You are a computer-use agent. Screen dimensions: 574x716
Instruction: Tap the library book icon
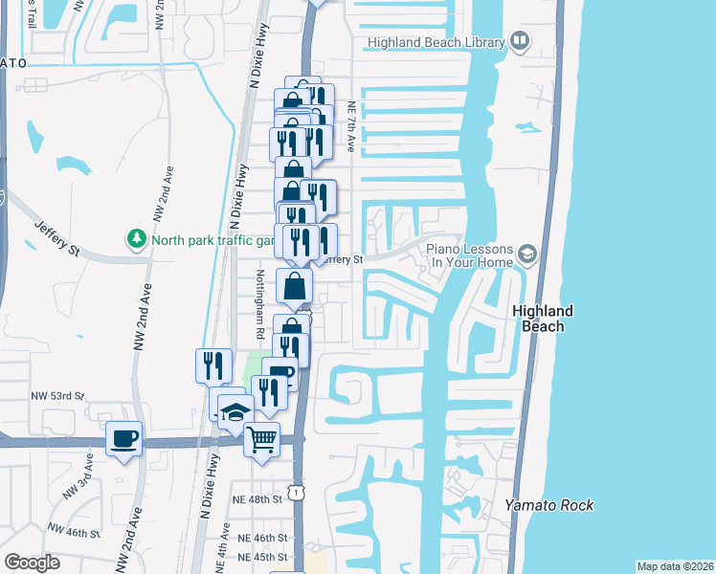tap(520, 40)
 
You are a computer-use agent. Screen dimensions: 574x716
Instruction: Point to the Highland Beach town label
tap(543, 319)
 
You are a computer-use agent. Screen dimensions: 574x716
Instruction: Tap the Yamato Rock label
tap(549, 505)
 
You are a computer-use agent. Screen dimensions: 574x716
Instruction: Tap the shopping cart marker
tap(261, 439)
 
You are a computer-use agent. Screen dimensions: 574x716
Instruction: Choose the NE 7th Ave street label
tap(352, 128)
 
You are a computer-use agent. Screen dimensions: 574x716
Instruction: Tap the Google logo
tap(32, 563)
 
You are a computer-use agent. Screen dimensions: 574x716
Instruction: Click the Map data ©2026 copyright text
tap(675, 566)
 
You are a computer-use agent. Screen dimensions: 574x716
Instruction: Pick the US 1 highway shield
tap(300, 492)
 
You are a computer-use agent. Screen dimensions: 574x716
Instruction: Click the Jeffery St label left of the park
tap(58, 236)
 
